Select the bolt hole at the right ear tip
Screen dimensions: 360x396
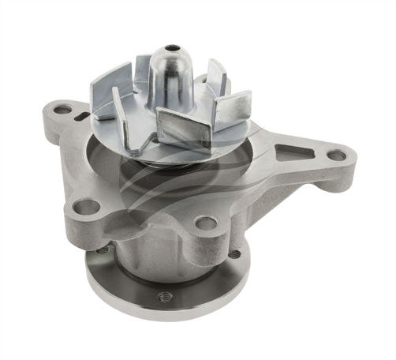pos(337,156)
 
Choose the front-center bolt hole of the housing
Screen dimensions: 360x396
pos(206,223)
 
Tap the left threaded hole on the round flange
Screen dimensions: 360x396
pos(102,250)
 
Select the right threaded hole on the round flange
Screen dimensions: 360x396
pos(233,254)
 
